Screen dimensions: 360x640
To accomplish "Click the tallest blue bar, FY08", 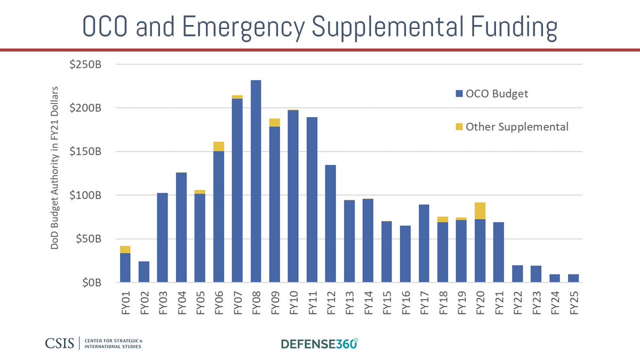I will (x=255, y=181).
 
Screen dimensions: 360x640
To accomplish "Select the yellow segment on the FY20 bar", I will (x=479, y=211).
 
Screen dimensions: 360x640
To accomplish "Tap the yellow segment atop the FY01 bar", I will (x=125, y=250).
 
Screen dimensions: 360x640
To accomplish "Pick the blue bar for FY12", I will (x=330, y=223).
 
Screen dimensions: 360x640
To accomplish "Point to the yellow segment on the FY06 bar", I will (x=218, y=147).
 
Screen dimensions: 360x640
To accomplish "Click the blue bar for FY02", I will (x=143, y=271).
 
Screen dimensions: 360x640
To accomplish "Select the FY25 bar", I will (x=573, y=278).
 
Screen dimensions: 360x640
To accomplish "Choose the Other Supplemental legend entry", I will (x=511, y=127).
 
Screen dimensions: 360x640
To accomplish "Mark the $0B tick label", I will (x=92, y=283).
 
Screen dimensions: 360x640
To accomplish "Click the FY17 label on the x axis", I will (x=424, y=304).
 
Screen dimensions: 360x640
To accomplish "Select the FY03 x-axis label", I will (x=163, y=304).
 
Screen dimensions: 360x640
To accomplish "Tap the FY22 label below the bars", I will (x=517, y=304).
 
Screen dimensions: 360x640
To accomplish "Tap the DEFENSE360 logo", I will (x=319, y=343).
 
